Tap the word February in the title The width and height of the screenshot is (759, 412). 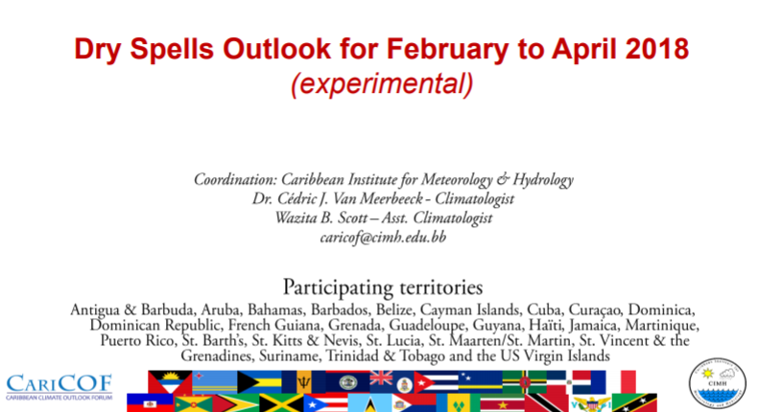tap(448, 50)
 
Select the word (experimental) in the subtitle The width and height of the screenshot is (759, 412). tap(382, 84)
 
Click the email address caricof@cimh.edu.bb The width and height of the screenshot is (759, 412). tap(383, 237)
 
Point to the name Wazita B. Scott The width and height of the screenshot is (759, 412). tap(321, 217)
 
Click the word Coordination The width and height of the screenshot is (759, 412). tap(235, 179)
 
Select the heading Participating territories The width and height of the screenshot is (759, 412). tap(383, 287)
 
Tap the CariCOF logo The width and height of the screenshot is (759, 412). tap(59, 387)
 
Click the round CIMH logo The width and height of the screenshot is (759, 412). tap(718, 383)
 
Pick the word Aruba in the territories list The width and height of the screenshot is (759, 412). tap(220, 309)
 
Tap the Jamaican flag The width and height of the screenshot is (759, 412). tap(281, 402)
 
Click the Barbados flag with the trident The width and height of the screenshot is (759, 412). tap(303, 382)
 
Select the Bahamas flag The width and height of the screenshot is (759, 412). tap(259, 382)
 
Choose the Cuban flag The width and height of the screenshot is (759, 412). tap(436, 382)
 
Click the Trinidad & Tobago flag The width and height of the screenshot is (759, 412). tap(547, 402)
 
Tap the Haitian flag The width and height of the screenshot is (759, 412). tap(150, 402)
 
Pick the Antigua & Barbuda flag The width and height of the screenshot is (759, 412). tap(170, 382)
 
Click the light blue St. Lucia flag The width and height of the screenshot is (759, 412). tap(369, 402)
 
